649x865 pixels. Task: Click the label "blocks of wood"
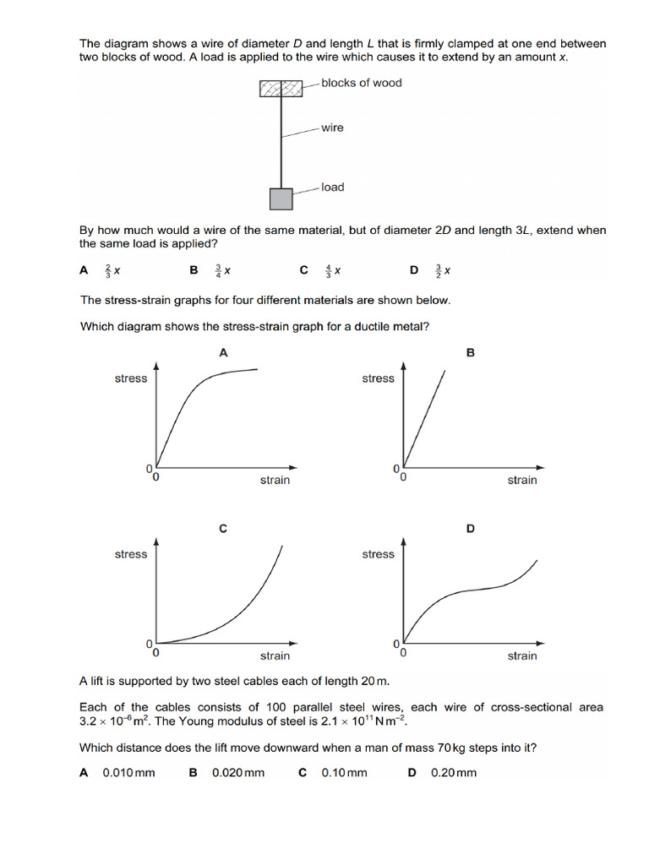pyautogui.click(x=361, y=83)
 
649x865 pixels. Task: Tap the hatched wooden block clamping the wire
pyautogui.click(x=281, y=87)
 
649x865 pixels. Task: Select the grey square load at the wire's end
pyautogui.click(x=281, y=199)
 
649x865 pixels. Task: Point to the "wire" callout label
pyautogui.click(x=332, y=128)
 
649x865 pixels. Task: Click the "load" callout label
pyautogui.click(x=332, y=187)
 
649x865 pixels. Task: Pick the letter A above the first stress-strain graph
pyautogui.click(x=223, y=353)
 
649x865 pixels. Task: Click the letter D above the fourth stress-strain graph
pyautogui.click(x=471, y=529)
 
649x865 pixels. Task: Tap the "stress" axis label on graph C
pyautogui.click(x=130, y=554)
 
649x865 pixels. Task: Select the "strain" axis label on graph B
pyautogui.click(x=521, y=480)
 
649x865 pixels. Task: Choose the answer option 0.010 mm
pyautogui.click(x=128, y=772)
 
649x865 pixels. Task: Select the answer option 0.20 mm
pyautogui.click(x=454, y=772)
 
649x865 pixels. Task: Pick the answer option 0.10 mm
pyautogui.click(x=344, y=772)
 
